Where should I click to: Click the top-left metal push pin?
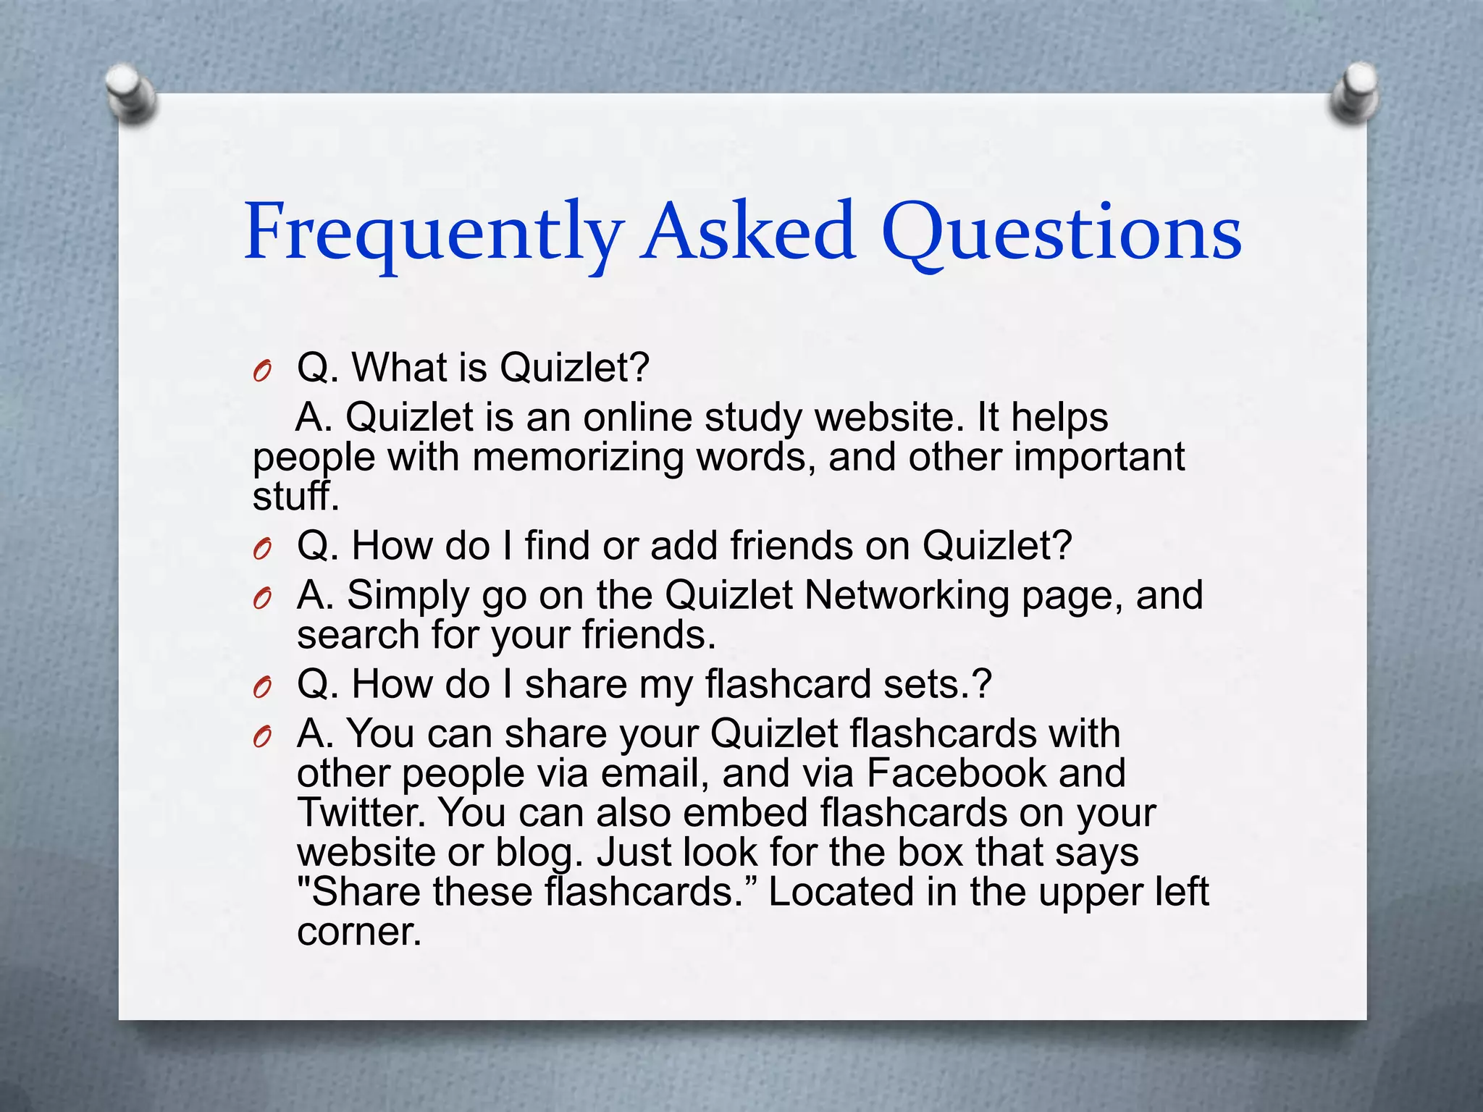click(130, 93)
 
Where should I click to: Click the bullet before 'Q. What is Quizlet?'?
click(262, 371)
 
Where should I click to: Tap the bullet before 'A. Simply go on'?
click(262, 599)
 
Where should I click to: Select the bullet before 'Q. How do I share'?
click(262, 688)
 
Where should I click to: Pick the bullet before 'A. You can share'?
click(262, 737)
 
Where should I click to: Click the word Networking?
click(907, 595)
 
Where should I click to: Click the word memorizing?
click(577, 458)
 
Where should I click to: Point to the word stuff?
click(295, 497)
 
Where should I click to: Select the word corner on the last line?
click(358, 931)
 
